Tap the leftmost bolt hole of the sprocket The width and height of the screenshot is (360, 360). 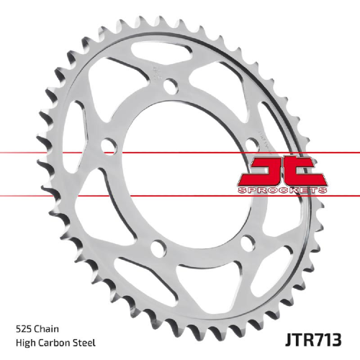coord(109,145)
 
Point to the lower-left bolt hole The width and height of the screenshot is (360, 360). coord(158,247)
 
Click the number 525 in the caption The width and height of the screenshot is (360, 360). coord(23,329)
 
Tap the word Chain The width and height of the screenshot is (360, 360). coord(46,329)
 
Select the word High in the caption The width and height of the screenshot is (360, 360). coord(25,343)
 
